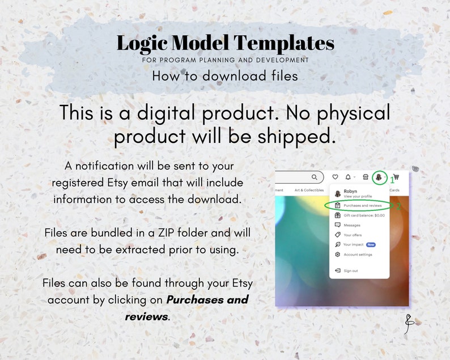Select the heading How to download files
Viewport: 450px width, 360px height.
(224, 76)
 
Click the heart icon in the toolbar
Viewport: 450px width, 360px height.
(335, 177)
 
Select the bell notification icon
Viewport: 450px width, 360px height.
(348, 177)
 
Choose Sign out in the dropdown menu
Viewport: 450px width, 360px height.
(351, 271)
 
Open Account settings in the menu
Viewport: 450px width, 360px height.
(358, 255)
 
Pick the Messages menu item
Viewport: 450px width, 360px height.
(352, 225)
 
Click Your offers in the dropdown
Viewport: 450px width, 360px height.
(353, 235)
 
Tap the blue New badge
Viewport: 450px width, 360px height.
(371, 245)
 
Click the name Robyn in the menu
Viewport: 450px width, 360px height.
(350, 192)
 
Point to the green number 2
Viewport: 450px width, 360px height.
(398, 207)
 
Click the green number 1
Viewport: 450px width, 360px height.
(392, 180)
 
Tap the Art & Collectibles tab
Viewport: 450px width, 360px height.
(309, 190)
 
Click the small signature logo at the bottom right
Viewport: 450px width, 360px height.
(409, 323)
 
